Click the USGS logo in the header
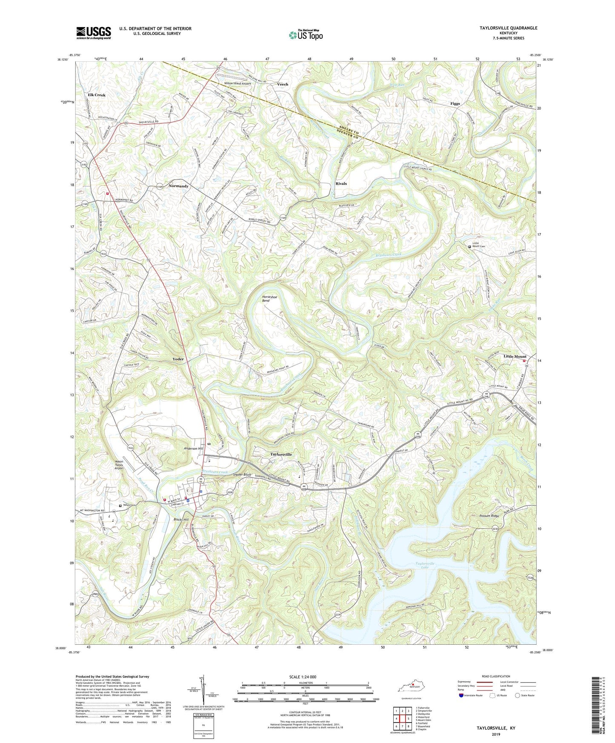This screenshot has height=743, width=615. point(94,33)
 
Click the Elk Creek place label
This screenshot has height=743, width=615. point(97,95)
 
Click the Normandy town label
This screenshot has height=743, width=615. point(178,186)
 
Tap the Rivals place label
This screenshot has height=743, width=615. point(341,184)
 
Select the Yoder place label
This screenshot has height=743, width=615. point(178,359)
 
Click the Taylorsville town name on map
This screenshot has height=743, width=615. point(281,454)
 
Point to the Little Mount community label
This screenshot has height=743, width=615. point(515,357)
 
